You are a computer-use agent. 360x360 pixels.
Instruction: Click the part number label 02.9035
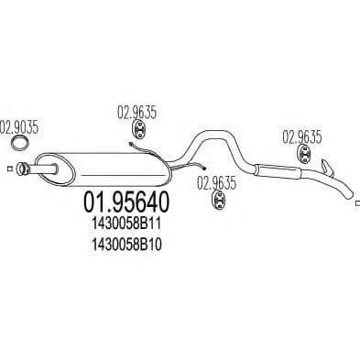(x=18, y=127)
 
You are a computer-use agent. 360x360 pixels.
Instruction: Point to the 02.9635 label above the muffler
(x=136, y=114)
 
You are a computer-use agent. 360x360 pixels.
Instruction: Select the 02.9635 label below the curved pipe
(x=216, y=182)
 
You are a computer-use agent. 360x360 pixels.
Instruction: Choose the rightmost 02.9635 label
(x=301, y=137)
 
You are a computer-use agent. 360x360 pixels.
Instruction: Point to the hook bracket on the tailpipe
(x=327, y=168)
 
